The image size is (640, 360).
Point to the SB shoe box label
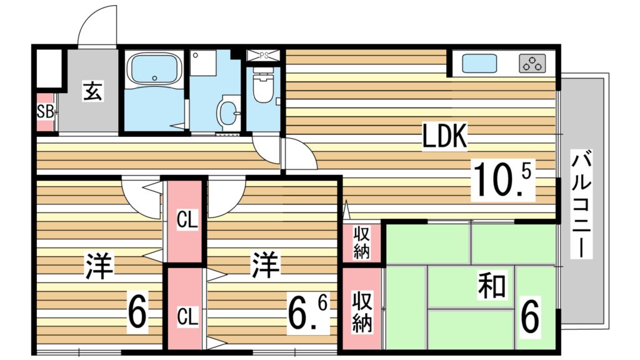44,112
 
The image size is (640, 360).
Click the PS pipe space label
264,55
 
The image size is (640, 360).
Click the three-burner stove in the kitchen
532,63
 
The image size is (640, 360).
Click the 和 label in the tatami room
492,286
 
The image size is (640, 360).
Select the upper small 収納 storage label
362,243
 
